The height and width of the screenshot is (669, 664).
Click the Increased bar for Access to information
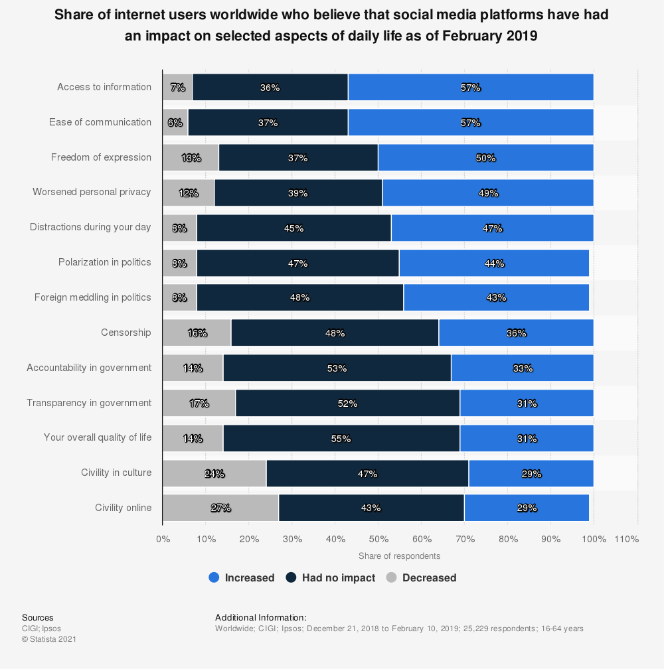coord(471,88)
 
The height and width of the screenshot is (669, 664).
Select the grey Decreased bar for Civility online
coord(220,508)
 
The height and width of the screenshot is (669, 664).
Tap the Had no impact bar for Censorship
coord(335,333)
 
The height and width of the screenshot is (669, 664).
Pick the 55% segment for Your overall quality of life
coord(341,438)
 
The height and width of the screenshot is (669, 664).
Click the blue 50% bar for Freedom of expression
coord(485,158)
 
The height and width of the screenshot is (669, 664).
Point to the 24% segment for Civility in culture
coord(214,473)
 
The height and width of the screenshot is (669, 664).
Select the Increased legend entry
coord(242,577)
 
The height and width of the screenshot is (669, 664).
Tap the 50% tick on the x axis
coord(378,539)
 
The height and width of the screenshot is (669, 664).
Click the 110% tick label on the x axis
coord(627,539)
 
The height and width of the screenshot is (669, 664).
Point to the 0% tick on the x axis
coord(163,539)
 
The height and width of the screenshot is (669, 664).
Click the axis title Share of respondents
coord(399,556)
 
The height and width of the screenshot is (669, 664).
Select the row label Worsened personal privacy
coord(92,192)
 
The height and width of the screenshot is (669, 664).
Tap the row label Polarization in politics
coord(104,262)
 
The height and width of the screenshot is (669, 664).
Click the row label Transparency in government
coord(89,403)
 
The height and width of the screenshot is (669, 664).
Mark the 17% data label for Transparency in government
coord(199,403)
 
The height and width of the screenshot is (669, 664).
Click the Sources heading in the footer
coord(37,617)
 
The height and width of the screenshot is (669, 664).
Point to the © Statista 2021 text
coord(49,639)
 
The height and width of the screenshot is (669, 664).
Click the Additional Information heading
coord(261,617)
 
